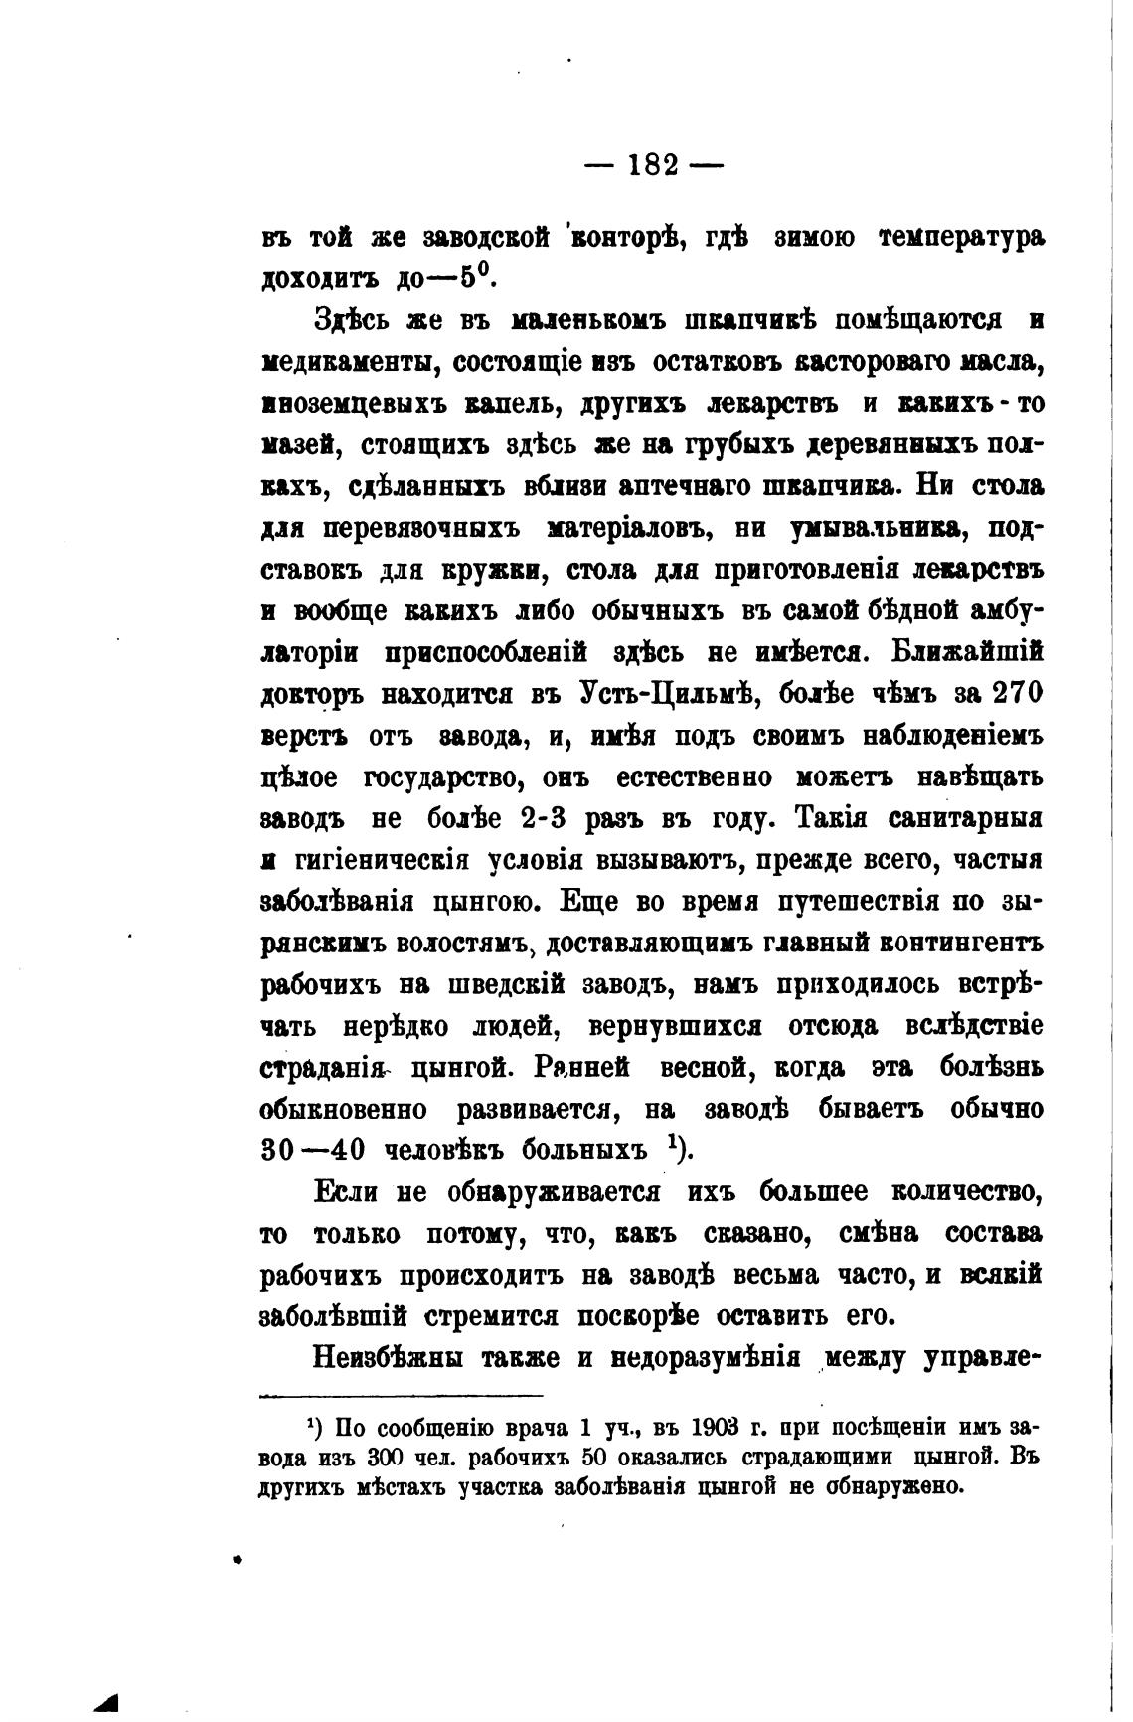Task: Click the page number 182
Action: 653,165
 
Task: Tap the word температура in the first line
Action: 962,239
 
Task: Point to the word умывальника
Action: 875,529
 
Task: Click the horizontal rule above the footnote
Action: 402,1395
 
